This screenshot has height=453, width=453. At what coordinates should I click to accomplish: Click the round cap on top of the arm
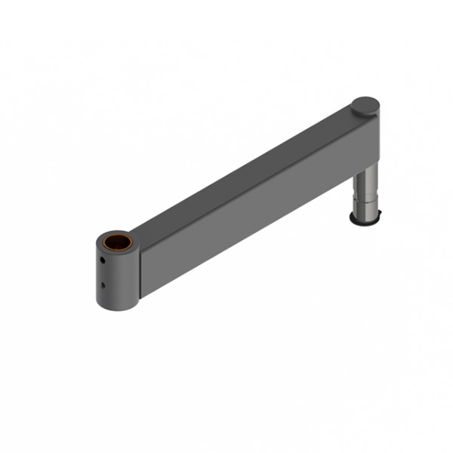click(x=366, y=106)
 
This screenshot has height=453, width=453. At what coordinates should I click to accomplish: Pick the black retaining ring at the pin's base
click(x=366, y=221)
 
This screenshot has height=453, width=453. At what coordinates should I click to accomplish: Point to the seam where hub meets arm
click(x=139, y=272)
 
